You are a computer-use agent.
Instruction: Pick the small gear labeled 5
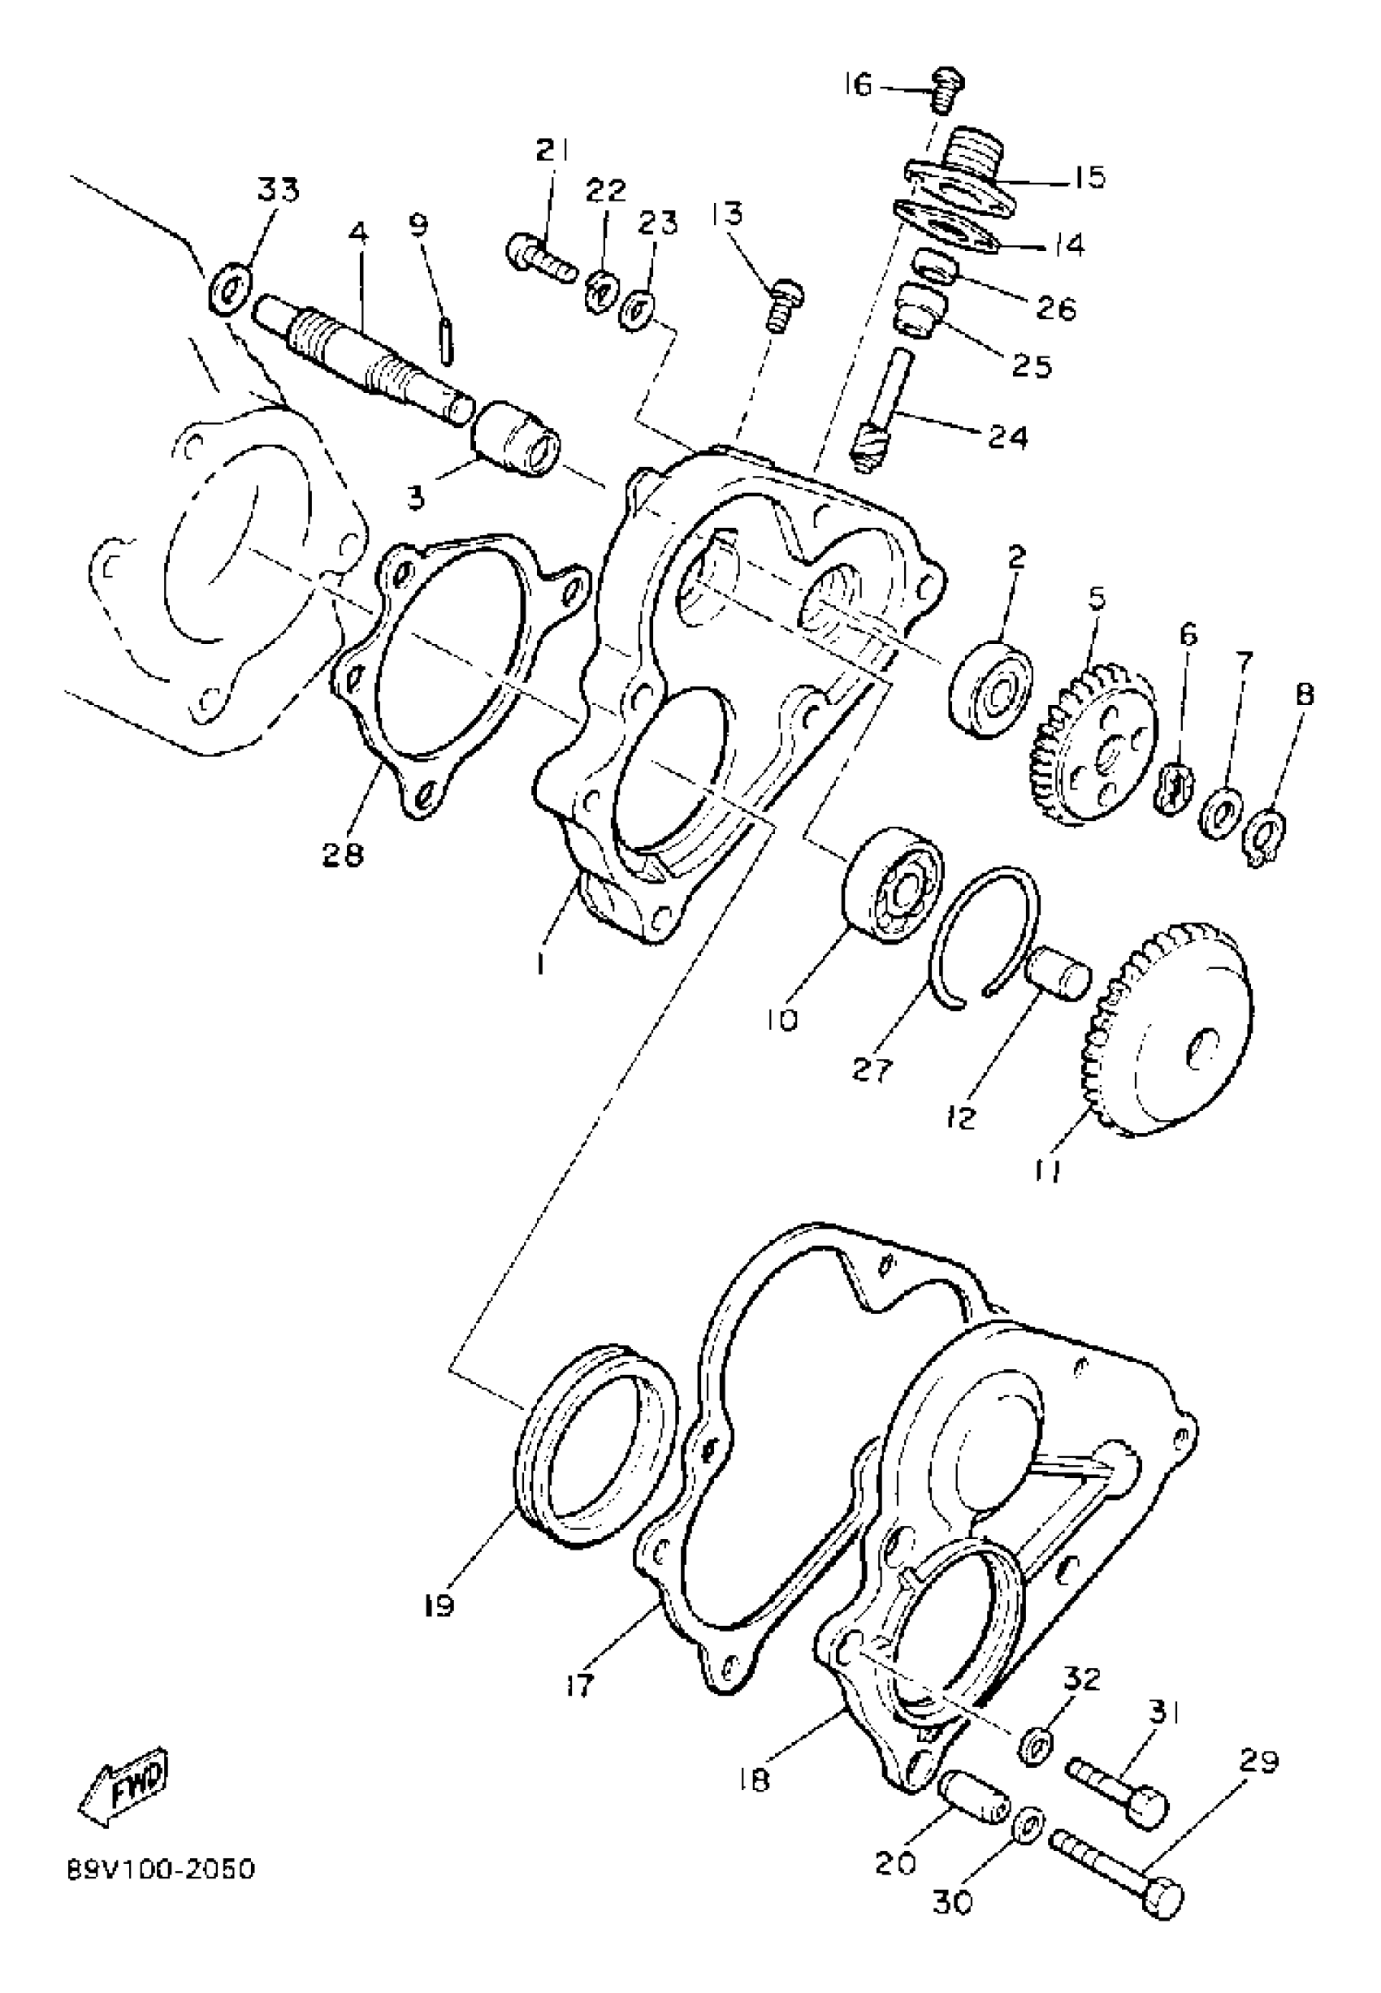click(1093, 744)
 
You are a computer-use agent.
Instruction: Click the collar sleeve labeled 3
click(517, 439)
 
